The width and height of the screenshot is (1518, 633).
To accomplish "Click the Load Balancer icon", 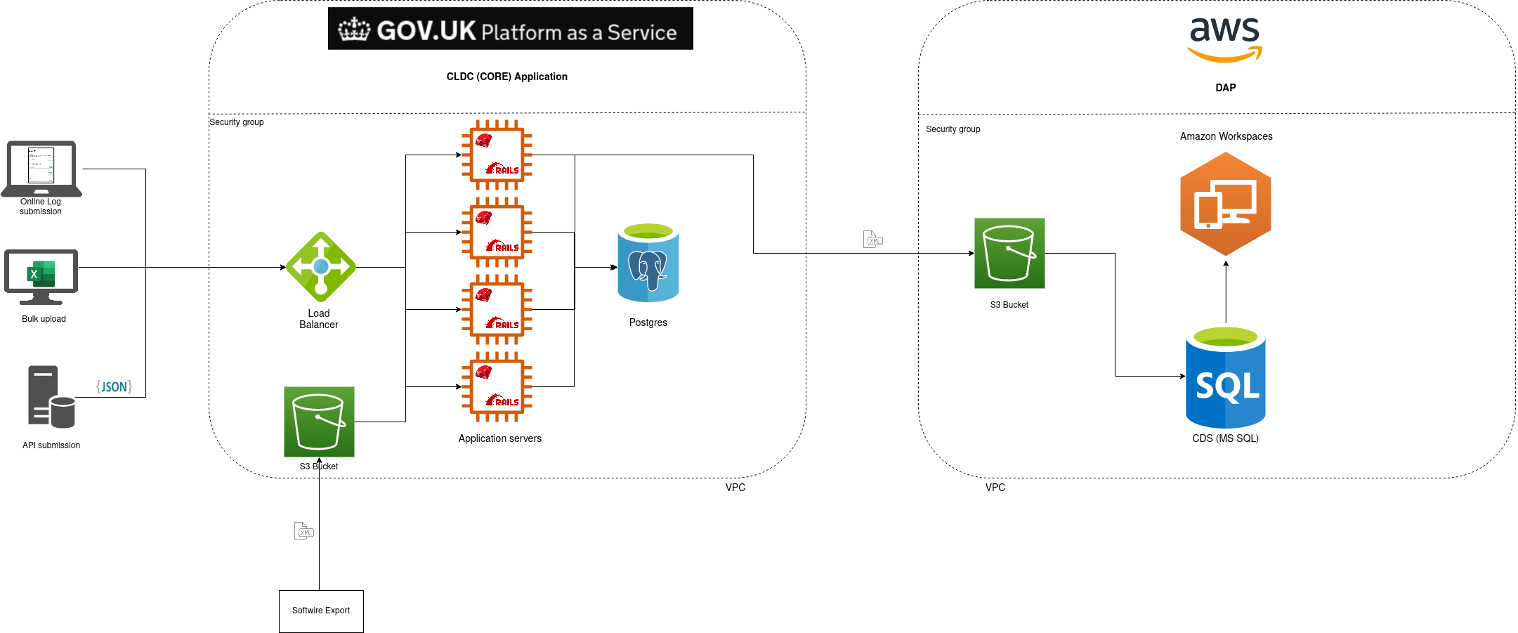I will click(321, 267).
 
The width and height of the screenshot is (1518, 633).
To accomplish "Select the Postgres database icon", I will click(648, 263).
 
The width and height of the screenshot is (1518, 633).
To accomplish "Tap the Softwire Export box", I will click(321, 611).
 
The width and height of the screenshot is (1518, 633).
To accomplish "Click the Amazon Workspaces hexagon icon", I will click(1225, 204).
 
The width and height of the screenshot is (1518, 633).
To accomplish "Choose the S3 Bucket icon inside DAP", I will click(1009, 253).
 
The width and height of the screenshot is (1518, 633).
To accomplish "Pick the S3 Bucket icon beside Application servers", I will click(319, 422).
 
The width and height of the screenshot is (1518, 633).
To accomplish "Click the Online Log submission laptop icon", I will click(41, 169).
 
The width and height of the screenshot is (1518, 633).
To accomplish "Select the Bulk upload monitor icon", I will click(41, 276).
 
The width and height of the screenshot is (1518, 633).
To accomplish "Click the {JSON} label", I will click(114, 386).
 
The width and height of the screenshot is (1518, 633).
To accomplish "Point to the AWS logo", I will click(1224, 39).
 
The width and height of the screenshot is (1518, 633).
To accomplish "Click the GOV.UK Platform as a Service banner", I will click(510, 29).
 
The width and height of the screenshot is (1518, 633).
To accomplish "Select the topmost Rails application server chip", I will click(497, 155).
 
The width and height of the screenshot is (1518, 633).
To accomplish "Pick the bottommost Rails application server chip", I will click(497, 387).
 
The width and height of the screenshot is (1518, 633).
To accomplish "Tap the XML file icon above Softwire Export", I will click(303, 530).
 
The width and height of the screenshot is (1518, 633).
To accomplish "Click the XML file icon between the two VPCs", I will click(872, 240).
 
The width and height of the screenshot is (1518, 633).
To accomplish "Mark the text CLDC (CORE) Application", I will click(506, 77).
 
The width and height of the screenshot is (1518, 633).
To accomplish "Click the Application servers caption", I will click(499, 438).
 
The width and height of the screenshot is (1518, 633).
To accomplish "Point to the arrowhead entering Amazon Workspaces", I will click(1226, 264).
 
